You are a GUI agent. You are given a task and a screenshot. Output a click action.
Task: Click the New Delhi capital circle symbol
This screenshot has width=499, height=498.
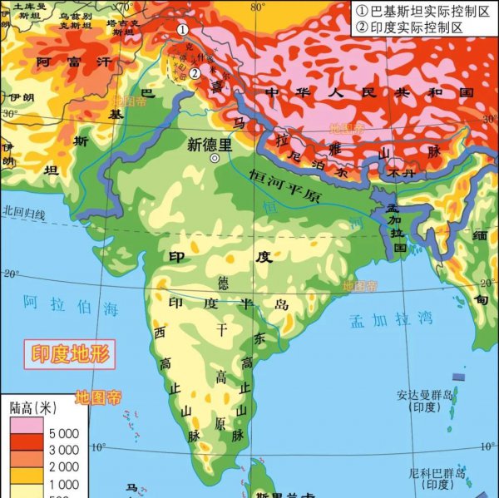tap(215, 158)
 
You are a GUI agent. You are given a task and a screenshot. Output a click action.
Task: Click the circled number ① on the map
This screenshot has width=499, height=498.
tap(182, 29)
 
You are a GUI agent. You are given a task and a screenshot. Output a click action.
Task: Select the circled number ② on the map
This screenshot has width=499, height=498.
tap(194, 72)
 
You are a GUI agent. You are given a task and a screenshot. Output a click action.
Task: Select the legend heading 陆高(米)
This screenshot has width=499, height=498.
tap(33, 409)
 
